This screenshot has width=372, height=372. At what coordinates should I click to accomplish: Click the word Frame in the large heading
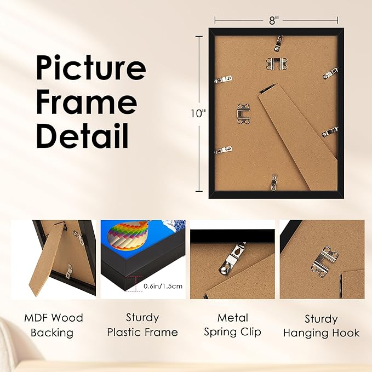[86, 103]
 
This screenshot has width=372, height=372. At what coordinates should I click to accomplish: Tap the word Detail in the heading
[82, 135]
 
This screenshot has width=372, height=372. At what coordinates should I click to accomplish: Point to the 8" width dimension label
[274, 20]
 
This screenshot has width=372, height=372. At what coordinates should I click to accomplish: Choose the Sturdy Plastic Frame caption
[142, 325]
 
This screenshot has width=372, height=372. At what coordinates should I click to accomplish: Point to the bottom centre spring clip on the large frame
[274, 181]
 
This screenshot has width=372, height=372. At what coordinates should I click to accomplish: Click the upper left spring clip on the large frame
[222, 80]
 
